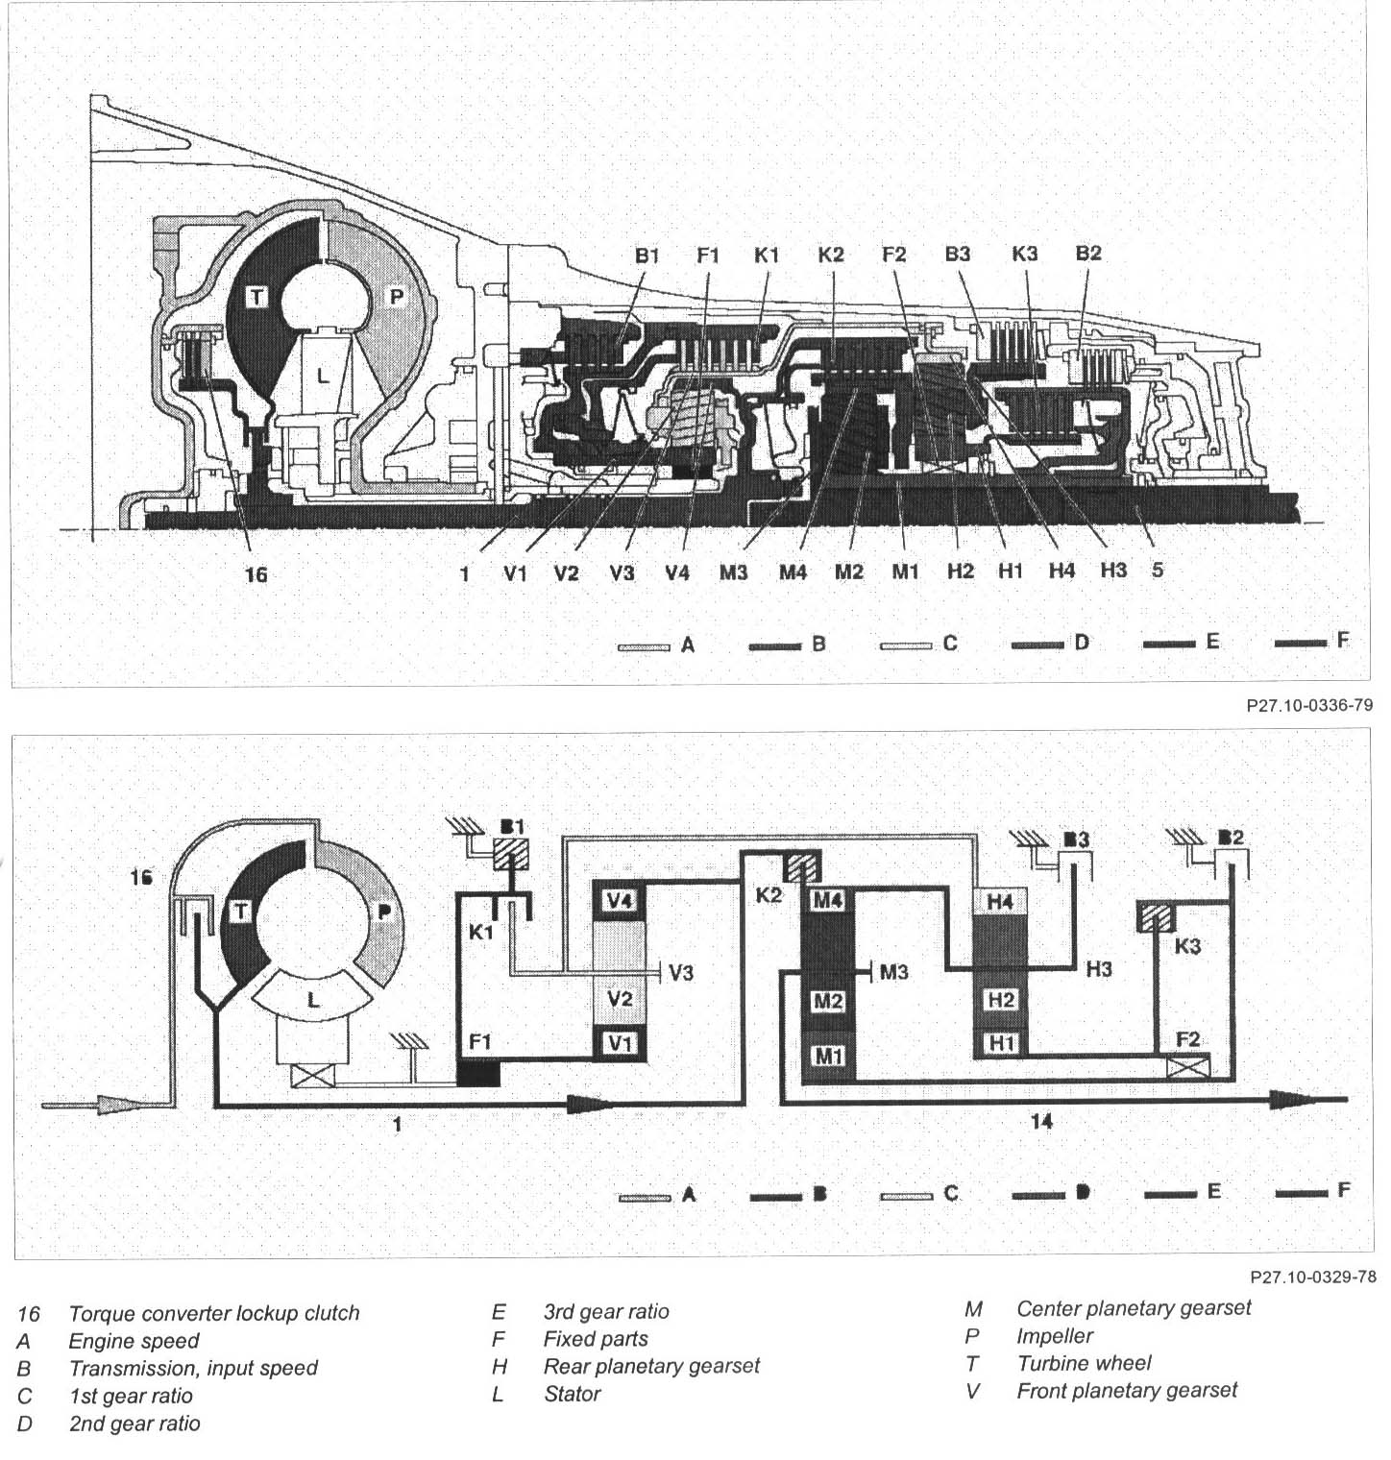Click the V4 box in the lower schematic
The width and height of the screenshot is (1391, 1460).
(x=621, y=901)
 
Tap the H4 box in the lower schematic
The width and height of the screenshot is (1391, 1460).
(x=1000, y=901)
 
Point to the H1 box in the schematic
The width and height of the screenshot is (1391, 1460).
(x=1000, y=1041)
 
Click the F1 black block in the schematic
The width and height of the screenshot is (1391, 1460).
(x=478, y=1072)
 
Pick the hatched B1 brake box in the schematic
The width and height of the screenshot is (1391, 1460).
(x=511, y=854)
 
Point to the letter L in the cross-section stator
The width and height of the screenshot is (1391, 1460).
(x=323, y=377)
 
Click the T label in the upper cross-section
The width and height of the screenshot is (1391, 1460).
(x=256, y=297)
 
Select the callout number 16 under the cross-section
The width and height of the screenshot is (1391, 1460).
(x=256, y=574)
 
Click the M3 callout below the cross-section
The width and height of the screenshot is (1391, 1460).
(x=734, y=572)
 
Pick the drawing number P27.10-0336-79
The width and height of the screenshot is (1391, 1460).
(x=1309, y=705)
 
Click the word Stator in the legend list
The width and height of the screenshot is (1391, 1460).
(x=573, y=1394)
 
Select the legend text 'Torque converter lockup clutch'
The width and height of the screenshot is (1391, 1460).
(x=213, y=1313)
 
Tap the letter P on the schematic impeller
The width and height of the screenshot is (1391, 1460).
(x=384, y=912)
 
